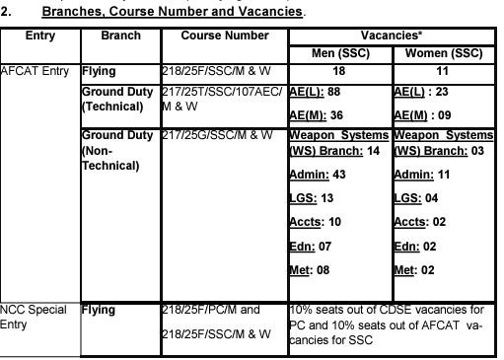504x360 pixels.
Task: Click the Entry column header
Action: pyautogui.click(x=40, y=36)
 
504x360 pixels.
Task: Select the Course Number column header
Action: pyautogui.click(x=225, y=36)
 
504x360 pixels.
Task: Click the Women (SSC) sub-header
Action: pyautogui.click(x=445, y=52)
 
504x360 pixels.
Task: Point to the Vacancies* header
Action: pyautogui.click(x=392, y=35)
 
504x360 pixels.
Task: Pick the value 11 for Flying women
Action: pyautogui.click(x=445, y=72)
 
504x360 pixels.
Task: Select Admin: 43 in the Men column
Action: pyautogui.click(x=317, y=174)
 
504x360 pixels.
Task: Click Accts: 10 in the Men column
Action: pyautogui.click(x=315, y=221)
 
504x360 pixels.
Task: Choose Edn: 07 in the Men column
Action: pyautogui.click(x=312, y=245)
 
